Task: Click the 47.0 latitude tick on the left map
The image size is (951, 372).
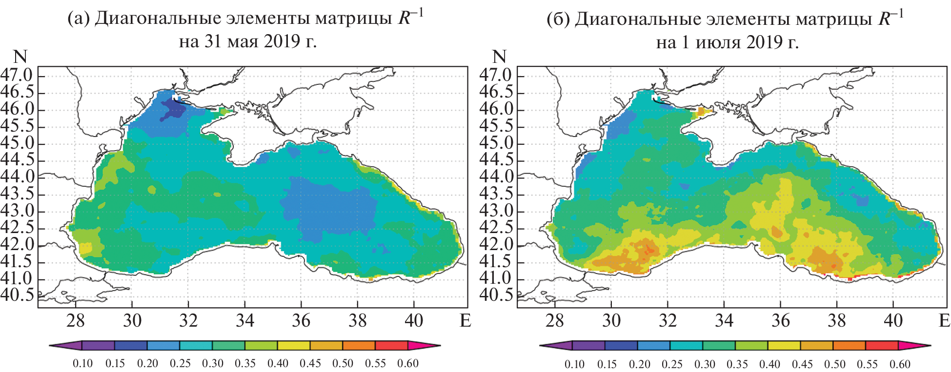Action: pyautogui.click(x=17, y=76)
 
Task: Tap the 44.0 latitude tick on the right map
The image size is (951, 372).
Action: pyautogui.click(x=496, y=176)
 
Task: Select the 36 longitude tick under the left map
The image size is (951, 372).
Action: pyautogui.click(x=301, y=320)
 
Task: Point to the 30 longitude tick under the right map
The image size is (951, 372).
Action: pyautogui.click(x=611, y=320)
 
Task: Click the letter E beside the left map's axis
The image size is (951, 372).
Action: pyautogui.click(x=465, y=320)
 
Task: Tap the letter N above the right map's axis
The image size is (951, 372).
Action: pyautogui.click(x=499, y=57)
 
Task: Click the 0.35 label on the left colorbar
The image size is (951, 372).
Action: pyautogui.click(x=245, y=364)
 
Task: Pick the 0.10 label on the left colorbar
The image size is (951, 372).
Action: pyautogui.click(x=82, y=364)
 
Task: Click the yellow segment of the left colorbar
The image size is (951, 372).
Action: pyautogui.click(x=294, y=346)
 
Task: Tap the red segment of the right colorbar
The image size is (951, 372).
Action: pyautogui.click(x=882, y=346)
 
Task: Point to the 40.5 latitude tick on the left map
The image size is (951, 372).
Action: pyautogui.click(x=17, y=295)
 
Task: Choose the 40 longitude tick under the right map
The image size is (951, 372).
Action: pyautogui.click(x=893, y=320)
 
